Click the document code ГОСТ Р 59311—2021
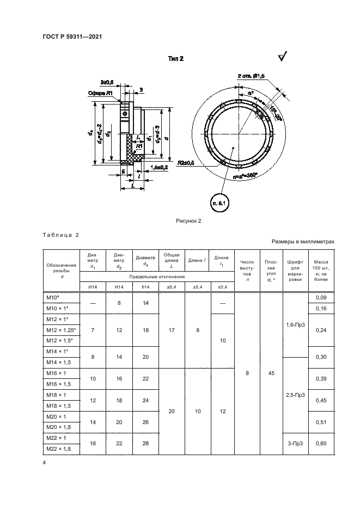coord(72,37)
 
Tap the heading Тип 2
coord(175,59)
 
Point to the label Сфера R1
coord(100,93)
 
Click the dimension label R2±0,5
coord(187,162)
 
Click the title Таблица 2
coord(60,235)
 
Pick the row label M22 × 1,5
coord(61,448)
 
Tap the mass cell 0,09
coord(321,297)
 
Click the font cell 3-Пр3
coord(295,444)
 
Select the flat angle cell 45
coord(271,373)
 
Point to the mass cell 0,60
coord(321,444)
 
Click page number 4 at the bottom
coord(44,463)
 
